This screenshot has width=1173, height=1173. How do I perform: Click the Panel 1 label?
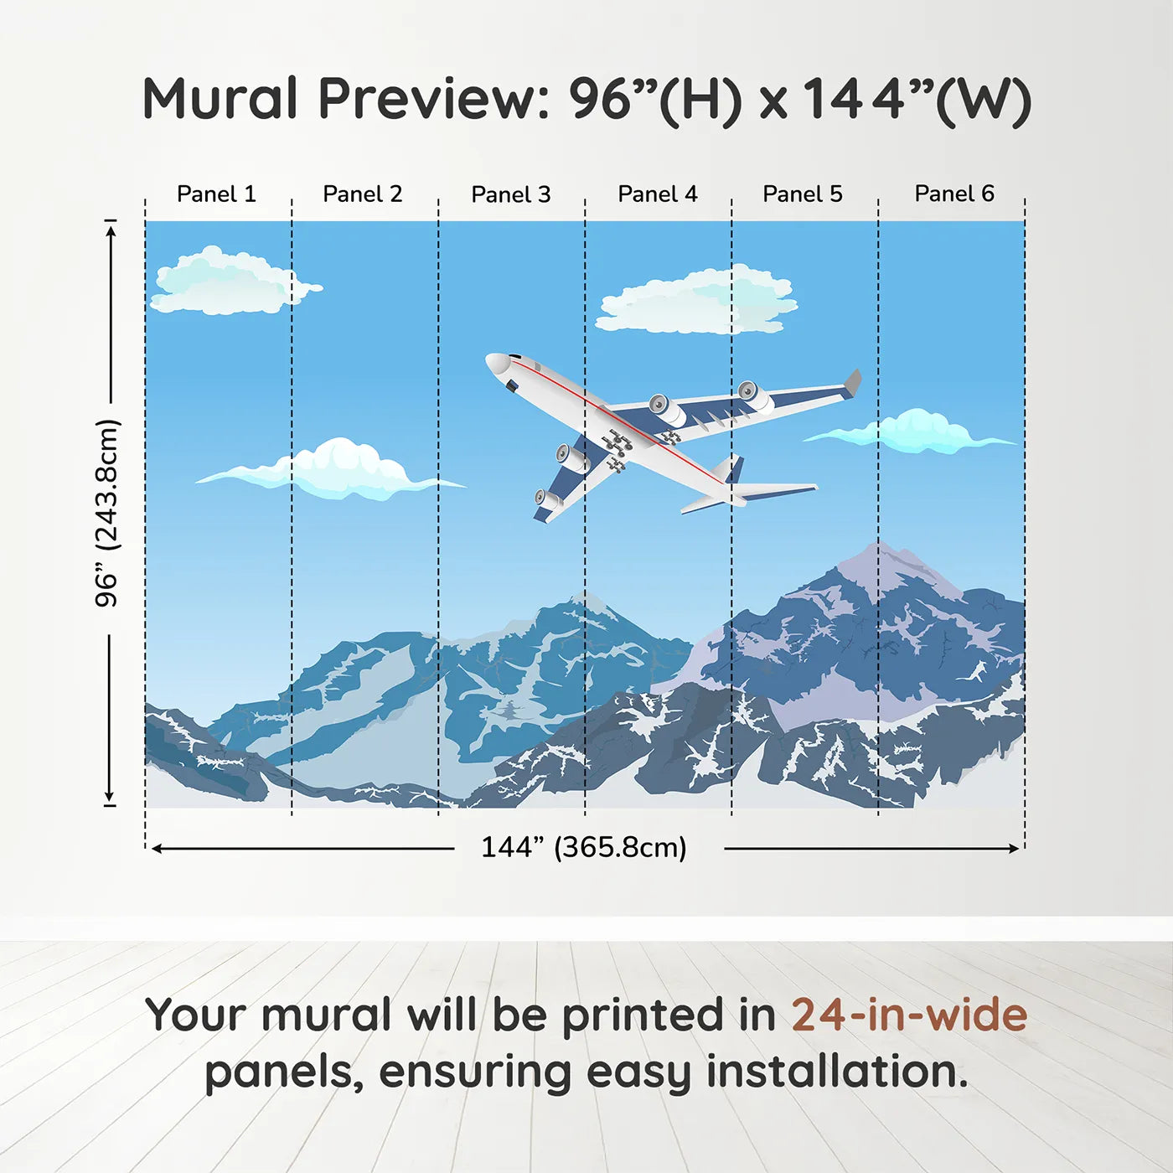pyautogui.click(x=216, y=194)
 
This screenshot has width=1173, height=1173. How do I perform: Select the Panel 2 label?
pyautogui.click(x=362, y=194)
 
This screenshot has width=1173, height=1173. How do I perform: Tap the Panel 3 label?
pyautogui.click(x=510, y=194)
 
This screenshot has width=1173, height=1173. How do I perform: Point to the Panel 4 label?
pyautogui.click(x=657, y=194)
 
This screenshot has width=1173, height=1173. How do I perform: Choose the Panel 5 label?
pyautogui.click(x=802, y=194)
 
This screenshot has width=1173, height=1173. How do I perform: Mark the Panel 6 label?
pyautogui.click(x=953, y=194)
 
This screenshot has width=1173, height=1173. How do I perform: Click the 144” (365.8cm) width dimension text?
pyautogui.click(x=583, y=847)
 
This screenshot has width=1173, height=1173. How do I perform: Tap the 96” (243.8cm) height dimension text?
pyautogui.click(x=107, y=513)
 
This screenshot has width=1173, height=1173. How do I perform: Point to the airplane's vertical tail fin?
pyautogui.click(x=735, y=468)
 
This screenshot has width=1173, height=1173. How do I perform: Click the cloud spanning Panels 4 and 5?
pyautogui.click(x=697, y=302)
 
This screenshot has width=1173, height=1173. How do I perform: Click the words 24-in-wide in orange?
pyautogui.click(x=909, y=1015)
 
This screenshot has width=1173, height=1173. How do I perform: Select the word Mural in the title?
pyautogui.click(x=220, y=99)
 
